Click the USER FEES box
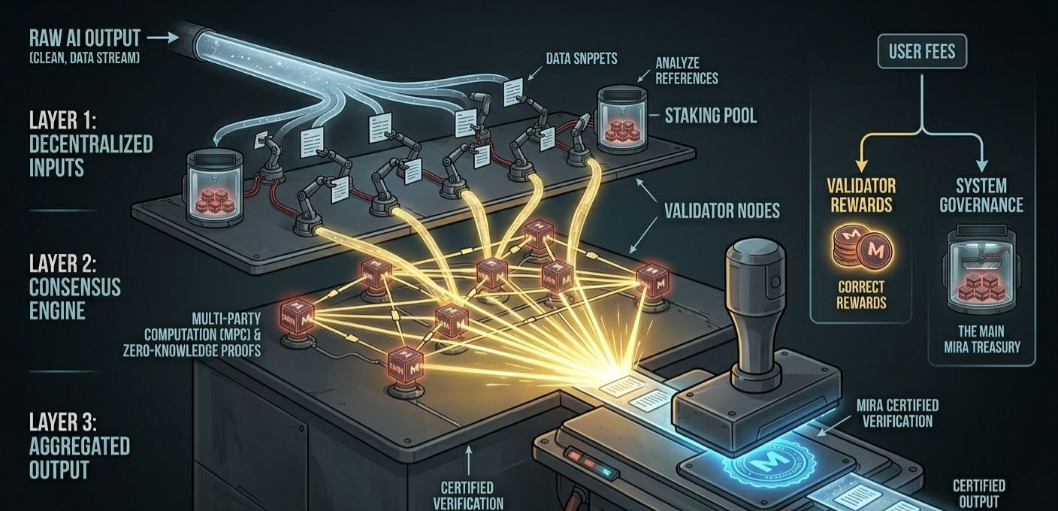(922, 51)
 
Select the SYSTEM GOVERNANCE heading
(981, 194)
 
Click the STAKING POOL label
(710, 115)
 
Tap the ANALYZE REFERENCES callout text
(686, 71)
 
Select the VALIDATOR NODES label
(721, 210)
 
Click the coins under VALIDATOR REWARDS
(861, 247)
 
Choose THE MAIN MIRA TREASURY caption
(981, 339)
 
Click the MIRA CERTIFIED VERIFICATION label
(897, 413)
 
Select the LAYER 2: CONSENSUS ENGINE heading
(75, 287)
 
